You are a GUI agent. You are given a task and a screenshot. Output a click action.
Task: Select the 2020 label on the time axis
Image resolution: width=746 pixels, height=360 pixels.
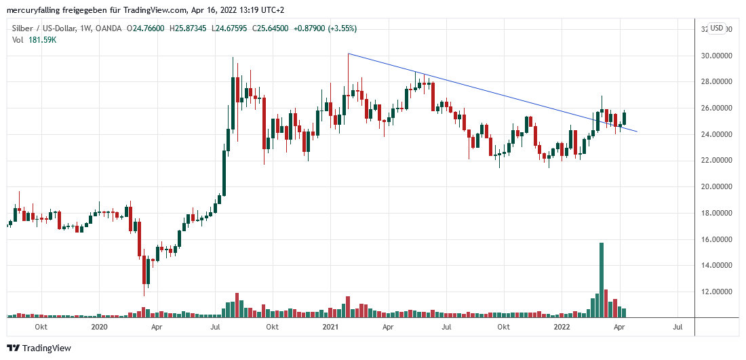coord(99,327)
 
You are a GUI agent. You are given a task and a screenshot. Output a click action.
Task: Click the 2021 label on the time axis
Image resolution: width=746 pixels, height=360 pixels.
coord(330,327)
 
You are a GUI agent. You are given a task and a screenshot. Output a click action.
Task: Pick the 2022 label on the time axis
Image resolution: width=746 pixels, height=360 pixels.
coord(562,327)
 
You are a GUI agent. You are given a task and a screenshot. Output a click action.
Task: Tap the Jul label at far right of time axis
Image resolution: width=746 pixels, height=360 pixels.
coord(677,327)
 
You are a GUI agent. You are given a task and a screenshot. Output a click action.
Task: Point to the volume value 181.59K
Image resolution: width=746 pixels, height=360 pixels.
coord(42,40)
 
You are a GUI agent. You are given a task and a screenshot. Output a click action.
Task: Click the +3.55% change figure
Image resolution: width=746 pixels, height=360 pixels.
coord(341,28)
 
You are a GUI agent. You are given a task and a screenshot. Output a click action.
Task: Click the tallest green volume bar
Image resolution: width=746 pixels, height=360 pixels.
coord(601,279)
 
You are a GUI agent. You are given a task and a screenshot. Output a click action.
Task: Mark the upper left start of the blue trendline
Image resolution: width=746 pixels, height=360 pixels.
coord(348,54)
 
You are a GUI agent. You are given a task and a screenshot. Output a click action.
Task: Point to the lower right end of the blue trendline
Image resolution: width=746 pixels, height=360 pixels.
coord(636,132)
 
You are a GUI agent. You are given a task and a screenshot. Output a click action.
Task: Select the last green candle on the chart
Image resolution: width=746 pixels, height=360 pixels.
coord(624,118)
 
